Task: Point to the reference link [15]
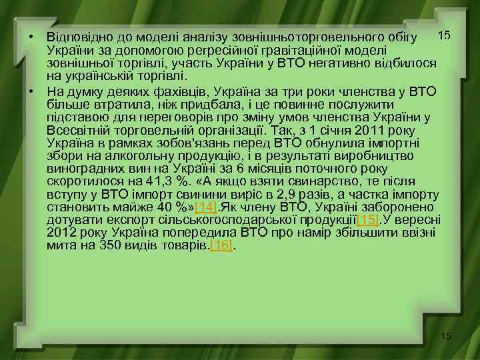pyautogui.click(x=368, y=219)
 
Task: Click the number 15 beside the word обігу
pyautogui.click(x=443, y=34)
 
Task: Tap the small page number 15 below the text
pyautogui.click(x=445, y=336)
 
